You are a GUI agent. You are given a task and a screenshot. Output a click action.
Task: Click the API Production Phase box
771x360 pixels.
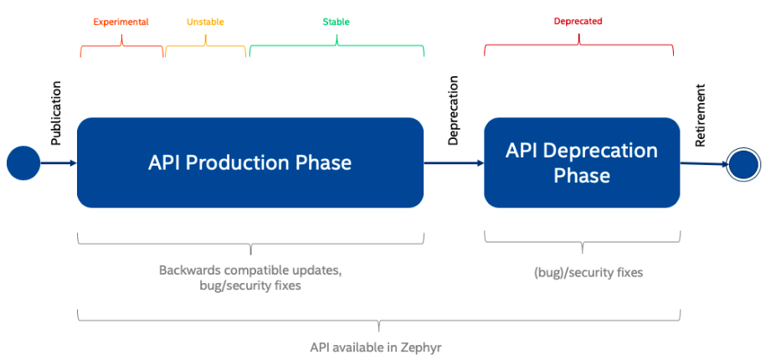250,162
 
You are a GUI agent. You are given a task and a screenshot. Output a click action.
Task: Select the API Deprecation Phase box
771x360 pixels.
582,162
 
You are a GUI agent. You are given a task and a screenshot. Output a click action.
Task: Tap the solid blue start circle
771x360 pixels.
23,162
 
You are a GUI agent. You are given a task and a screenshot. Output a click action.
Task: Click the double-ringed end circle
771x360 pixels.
744,165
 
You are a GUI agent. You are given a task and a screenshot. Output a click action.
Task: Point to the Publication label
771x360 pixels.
57,113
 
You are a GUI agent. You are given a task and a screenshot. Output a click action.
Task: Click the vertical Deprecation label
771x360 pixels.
453,111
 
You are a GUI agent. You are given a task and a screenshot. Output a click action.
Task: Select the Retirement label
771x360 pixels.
700,115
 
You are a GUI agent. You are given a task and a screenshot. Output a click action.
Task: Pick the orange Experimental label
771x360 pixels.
121,22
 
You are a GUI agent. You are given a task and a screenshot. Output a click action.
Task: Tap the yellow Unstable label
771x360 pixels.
205,22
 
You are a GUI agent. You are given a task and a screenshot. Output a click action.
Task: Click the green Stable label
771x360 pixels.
337,22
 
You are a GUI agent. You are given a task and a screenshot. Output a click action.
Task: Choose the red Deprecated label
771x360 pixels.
578,22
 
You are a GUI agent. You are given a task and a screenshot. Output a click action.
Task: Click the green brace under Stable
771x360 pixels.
337,45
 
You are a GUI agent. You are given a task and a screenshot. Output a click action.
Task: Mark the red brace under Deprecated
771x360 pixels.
578,44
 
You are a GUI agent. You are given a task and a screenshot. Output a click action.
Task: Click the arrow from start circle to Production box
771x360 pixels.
59,162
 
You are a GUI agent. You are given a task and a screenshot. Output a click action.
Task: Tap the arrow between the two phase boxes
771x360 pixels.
454,162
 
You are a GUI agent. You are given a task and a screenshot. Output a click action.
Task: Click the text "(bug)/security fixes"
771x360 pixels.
588,272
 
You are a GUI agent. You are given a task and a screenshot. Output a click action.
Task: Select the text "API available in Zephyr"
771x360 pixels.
376,347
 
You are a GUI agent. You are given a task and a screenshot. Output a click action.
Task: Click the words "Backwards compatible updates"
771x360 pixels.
249,270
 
